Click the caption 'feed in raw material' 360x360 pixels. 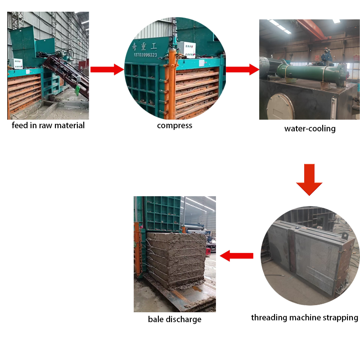tap(48, 126)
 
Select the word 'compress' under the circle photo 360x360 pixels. tap(175, 126)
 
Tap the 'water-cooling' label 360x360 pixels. tap(310, 129)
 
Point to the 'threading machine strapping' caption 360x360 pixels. tap(305, 318)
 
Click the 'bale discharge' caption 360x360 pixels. tap(175, 319)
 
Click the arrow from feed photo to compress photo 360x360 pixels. tap(107, 69)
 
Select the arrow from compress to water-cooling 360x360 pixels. tap(243, 69)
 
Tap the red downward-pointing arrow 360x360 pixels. tap(309, 180)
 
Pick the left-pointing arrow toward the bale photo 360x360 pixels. tap(237, 256)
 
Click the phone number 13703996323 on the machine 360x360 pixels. tap(145, 55)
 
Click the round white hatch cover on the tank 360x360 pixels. tap(280, 107)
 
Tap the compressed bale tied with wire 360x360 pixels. tap(176, 261)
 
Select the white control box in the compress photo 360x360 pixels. tap(188, 49)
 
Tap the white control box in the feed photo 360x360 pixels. tap(16, 63)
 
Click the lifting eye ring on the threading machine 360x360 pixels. tap(344, 235)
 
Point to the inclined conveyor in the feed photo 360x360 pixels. tap(66, 73)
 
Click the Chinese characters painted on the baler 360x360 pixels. tap(144, 46)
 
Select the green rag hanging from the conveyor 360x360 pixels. tap(77, 90)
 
